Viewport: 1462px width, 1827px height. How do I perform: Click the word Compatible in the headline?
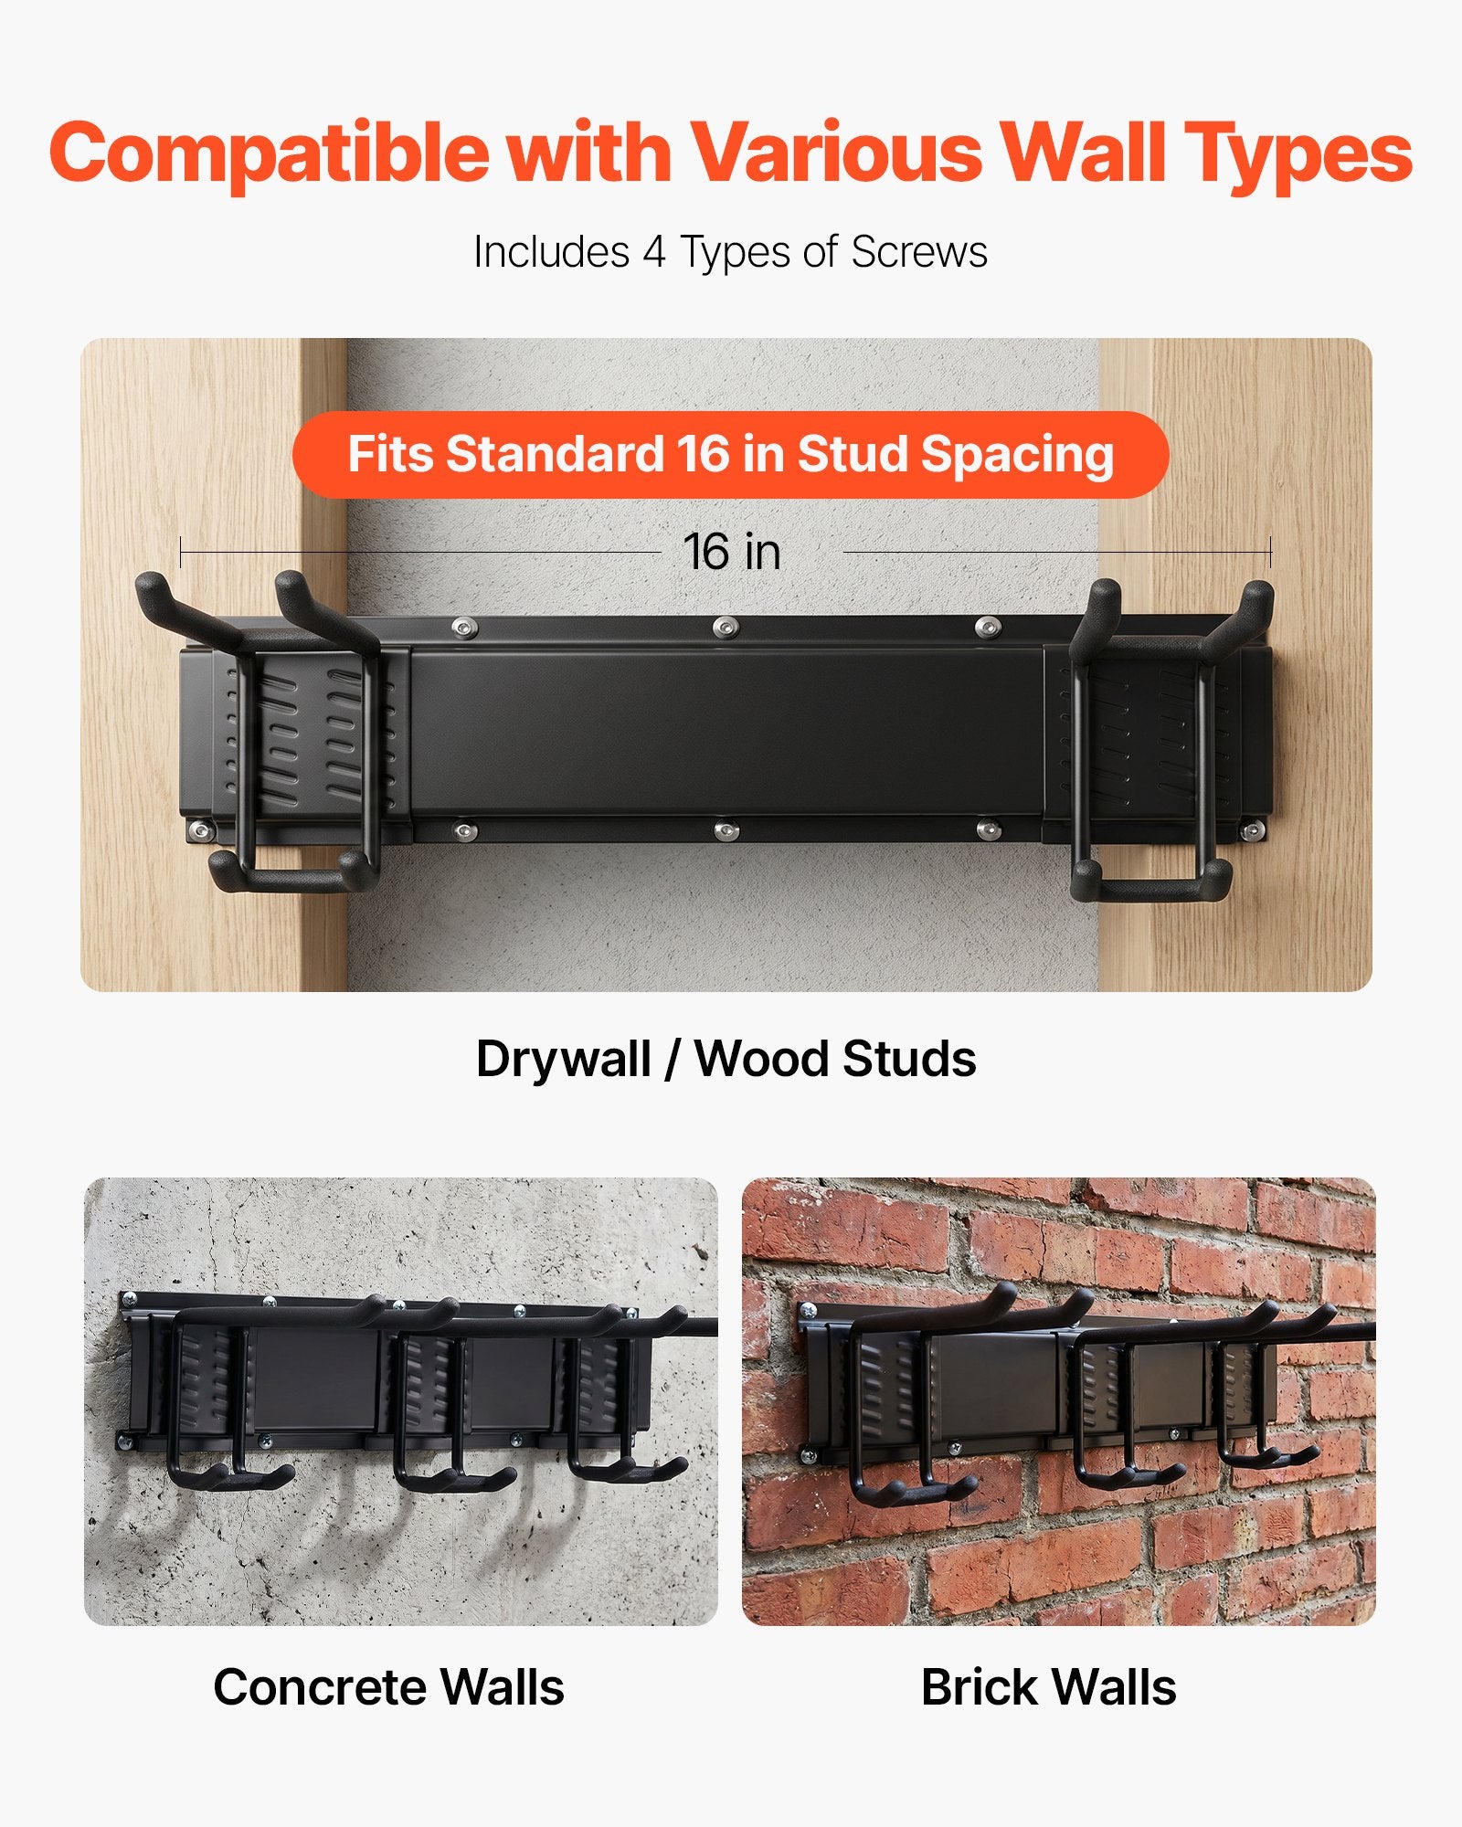(269, 153)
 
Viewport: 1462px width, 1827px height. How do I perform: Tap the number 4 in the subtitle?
(654, 252)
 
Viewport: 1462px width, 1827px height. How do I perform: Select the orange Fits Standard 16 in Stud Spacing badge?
(730, 455)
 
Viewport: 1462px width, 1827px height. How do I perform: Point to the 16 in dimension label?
(732, 552)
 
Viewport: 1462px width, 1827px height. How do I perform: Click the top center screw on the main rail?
(726, 627)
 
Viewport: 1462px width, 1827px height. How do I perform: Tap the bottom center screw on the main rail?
(726, 830)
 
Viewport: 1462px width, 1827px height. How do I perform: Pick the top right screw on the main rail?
(987, 627)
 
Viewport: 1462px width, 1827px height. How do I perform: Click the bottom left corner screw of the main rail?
(199, 831)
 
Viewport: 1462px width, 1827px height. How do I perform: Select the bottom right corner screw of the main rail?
(1254, 831)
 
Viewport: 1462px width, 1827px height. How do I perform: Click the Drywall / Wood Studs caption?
(726, 1060)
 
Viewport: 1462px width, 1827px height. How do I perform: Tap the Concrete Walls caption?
(388, 1687)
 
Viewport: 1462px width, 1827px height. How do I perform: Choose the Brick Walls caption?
(1049, 1687)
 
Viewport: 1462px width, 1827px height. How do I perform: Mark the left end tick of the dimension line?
(181, 553)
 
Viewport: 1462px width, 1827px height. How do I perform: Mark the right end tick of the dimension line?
(1270, 553)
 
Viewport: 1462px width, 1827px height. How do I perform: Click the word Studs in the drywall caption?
(909, 1060)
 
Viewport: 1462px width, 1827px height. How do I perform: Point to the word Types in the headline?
(1299, 153)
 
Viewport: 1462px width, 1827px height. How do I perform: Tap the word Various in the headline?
(835, 153)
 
